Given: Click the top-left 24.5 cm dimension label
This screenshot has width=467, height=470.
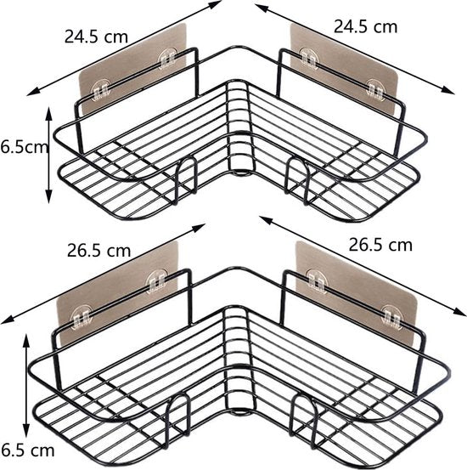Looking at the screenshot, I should [x=95, y=36].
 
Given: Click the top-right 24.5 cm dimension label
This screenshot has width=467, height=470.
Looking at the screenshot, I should [x=365, y=25].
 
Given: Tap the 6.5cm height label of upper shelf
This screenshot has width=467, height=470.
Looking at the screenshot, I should [x=24, y=146].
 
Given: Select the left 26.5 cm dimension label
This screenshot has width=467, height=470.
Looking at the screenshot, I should [x=98, y=252].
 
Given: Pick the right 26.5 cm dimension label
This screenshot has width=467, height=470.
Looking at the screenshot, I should [x=380, y=245].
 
